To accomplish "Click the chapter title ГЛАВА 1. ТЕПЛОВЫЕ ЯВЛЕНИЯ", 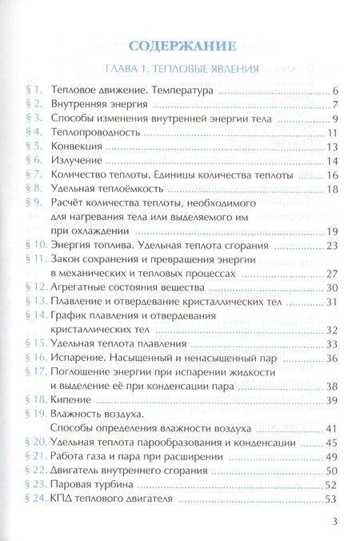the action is tap(181, 70).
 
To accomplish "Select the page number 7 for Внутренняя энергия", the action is tap(338, 105).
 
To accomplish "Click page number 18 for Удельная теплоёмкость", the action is tap(334, 189).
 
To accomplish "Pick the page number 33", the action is tap(334, 343).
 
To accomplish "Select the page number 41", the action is tap(334, 428).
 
